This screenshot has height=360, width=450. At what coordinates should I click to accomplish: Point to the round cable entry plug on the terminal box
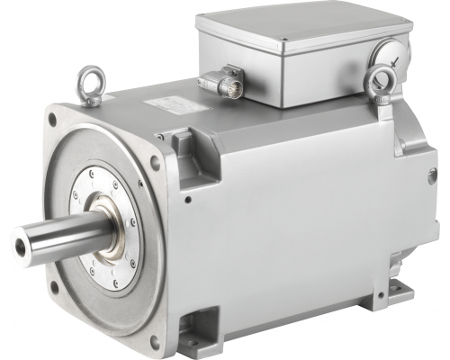(x=383, y=56)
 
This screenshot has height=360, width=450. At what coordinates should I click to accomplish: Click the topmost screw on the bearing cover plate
(x=114, y=184)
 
